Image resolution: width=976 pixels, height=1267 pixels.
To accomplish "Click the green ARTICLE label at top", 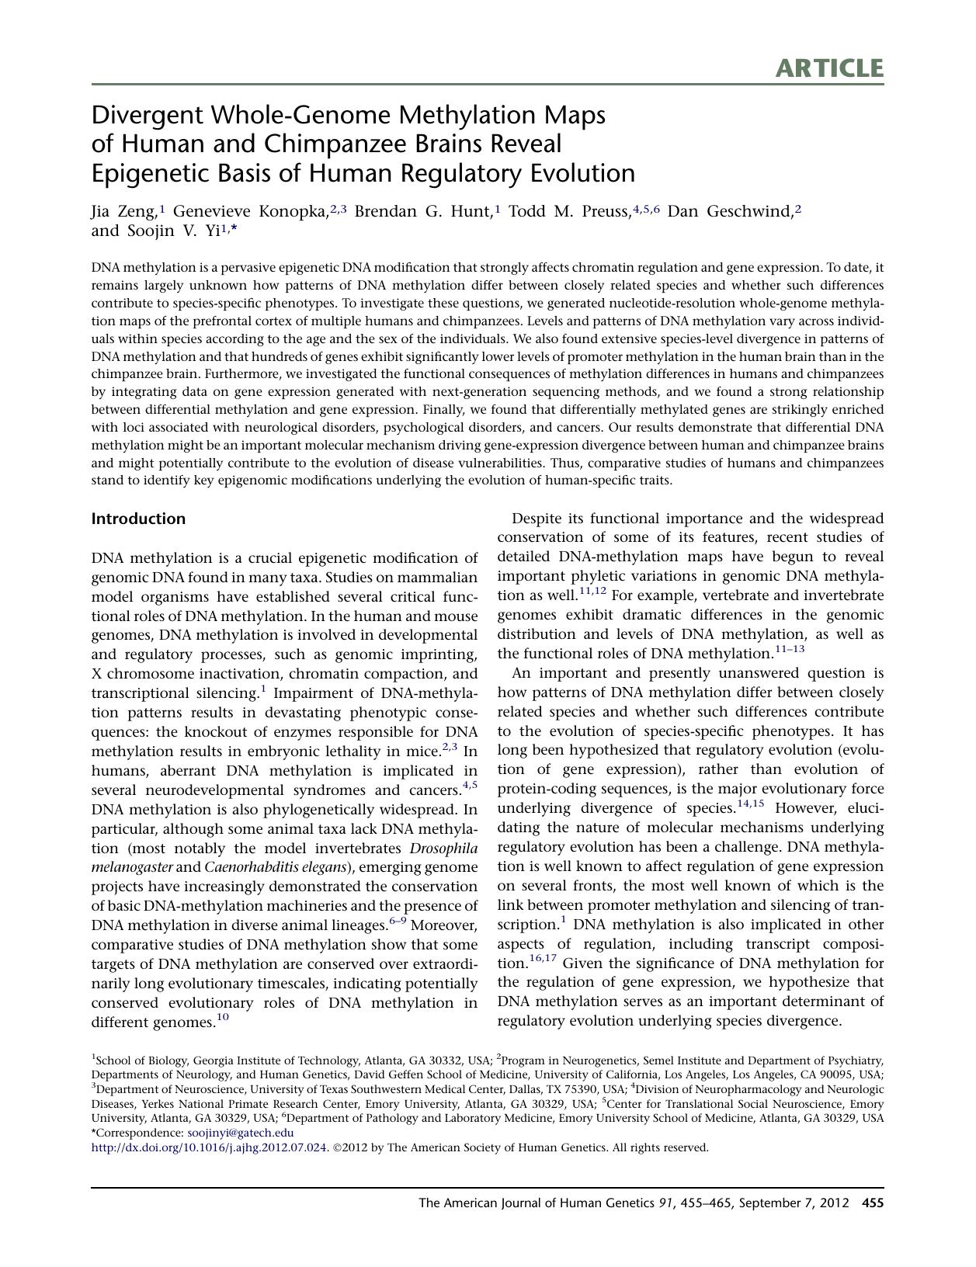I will click(828, 68).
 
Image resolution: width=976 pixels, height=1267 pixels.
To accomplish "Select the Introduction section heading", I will click(138, 519).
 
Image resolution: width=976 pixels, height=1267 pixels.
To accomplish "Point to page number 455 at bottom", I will click(873, 1203).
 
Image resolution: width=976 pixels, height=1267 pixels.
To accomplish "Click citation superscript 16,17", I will click(544, 959).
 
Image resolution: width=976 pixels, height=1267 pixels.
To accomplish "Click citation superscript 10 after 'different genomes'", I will click(223, 1018).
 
